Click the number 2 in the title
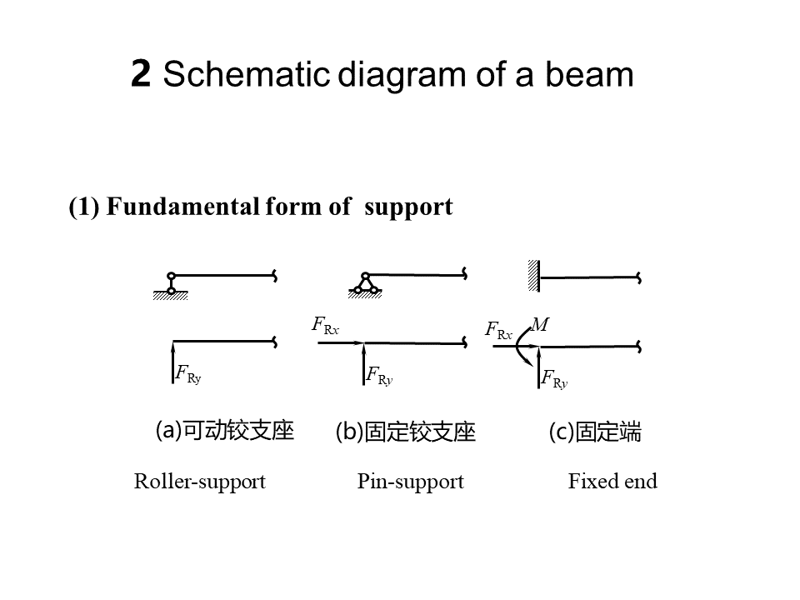[141, 75]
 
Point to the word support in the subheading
[408, 207]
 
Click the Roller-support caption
[200, 482]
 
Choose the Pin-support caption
[410, 482]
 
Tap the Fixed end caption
[612, 482]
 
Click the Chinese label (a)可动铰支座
[225, 431]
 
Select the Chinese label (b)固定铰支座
[405, 432]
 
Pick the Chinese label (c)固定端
[595, 432]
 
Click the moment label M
[539, 325]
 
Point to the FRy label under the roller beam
[188, 374]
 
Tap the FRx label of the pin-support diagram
[325, 325]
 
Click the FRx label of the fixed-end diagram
[498, 330]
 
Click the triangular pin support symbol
[365, 284]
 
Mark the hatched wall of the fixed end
[533, 275]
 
